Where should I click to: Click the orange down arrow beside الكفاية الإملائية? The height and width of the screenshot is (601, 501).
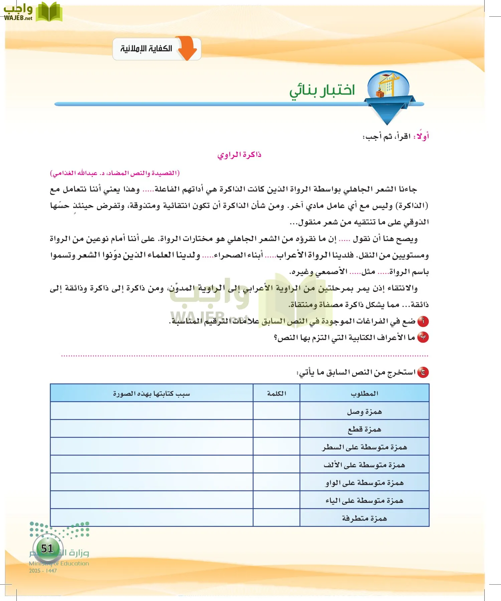point(188,48)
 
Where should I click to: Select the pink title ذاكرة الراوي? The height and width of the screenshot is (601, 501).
point(239,155)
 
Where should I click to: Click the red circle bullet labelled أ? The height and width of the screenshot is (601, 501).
point(423,321)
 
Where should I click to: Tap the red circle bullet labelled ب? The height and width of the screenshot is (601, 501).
point(423,338)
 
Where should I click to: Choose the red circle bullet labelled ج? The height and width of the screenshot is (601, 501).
point(423,372)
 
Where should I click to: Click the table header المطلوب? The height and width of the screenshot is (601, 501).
point(364,393)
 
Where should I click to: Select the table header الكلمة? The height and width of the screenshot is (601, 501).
point(277,393)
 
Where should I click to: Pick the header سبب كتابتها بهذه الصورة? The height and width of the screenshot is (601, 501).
point(151,394)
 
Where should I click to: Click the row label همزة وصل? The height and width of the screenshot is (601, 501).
point(364,411)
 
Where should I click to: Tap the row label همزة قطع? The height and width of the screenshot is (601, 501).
point(364,429)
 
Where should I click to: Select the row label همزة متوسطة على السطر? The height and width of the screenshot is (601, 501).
point(364,447)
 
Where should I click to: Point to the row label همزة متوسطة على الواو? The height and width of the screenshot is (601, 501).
point(364,483)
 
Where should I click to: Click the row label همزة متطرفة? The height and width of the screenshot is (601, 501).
point(364,518)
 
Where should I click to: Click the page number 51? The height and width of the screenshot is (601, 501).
point(47,548)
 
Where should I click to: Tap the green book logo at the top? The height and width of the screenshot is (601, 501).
point(49,12)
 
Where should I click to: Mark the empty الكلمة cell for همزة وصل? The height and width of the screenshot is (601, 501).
point(277,411)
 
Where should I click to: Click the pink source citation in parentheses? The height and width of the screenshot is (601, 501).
point(115,173)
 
